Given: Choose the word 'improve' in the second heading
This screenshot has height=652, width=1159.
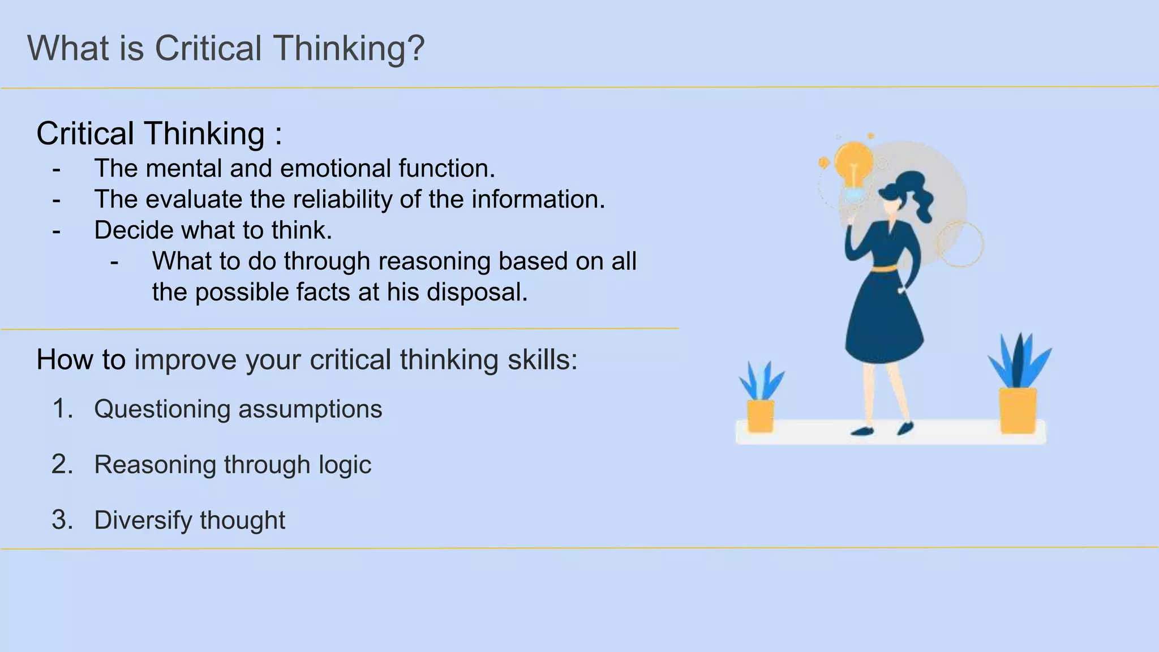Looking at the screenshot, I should click(185, 360).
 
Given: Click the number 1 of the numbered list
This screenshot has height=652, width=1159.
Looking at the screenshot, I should click(62, 409).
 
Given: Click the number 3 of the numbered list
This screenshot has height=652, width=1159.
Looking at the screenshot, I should click(62, 520).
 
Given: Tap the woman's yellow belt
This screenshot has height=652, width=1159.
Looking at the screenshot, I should click(883, 268).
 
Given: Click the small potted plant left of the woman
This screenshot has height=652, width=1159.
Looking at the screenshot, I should click(761, 400).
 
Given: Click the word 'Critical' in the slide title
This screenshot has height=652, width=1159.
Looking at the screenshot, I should click(208, 48).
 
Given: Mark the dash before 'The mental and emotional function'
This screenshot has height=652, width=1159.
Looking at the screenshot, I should click(56, 169).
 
